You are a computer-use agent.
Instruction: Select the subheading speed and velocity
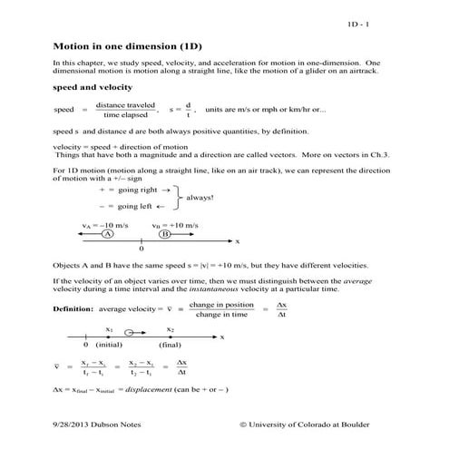[x=93, y=87]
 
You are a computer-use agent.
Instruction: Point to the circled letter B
[x=165, y=233]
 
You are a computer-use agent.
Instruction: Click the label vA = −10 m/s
[x=100, y=222]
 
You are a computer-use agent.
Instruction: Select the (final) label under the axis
[x=170, y=345]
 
